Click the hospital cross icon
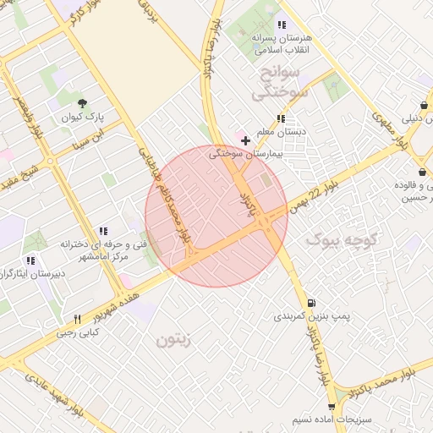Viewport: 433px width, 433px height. point(245,140)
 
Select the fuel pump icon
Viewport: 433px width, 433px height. point(312,302)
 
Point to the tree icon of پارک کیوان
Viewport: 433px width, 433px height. point(81,103)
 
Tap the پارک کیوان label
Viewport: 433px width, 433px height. point(80,118)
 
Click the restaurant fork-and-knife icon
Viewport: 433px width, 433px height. point(77,319)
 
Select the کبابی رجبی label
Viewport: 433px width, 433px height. point(77,332)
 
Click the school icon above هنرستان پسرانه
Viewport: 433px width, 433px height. point(282,25)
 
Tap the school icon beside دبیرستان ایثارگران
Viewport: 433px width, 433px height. point(35,260)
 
